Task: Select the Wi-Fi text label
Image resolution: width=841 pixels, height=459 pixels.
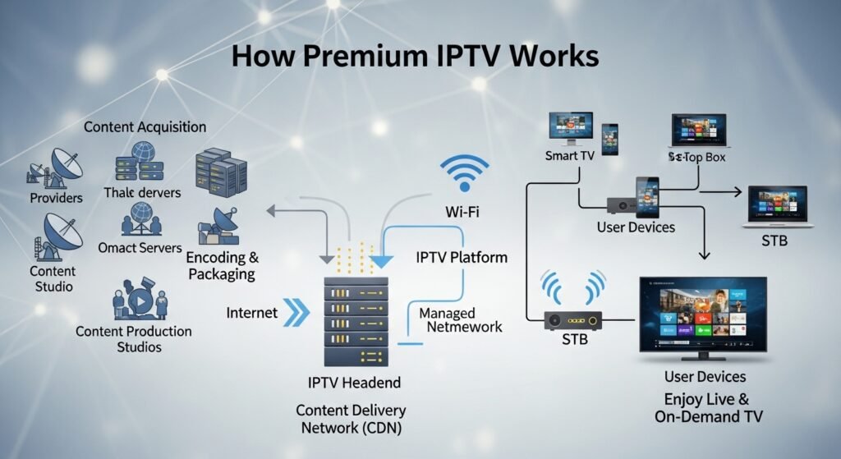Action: (x=463, y=213)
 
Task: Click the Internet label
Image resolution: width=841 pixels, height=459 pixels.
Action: (x=252, y=313)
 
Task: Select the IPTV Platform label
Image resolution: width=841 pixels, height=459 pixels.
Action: (x=461, y=258)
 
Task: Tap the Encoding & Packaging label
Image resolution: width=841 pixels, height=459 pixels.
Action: (x=223, y=265)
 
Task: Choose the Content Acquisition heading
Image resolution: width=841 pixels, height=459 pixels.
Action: (x=145, y=127)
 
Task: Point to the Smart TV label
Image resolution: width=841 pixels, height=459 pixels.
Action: (x=569, y=156)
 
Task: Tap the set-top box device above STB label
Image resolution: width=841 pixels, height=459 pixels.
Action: (x=568, y=318)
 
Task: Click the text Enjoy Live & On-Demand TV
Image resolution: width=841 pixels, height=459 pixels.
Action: (x=708, y=408)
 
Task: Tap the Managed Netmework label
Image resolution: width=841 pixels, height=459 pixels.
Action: (x=460, y=319)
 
